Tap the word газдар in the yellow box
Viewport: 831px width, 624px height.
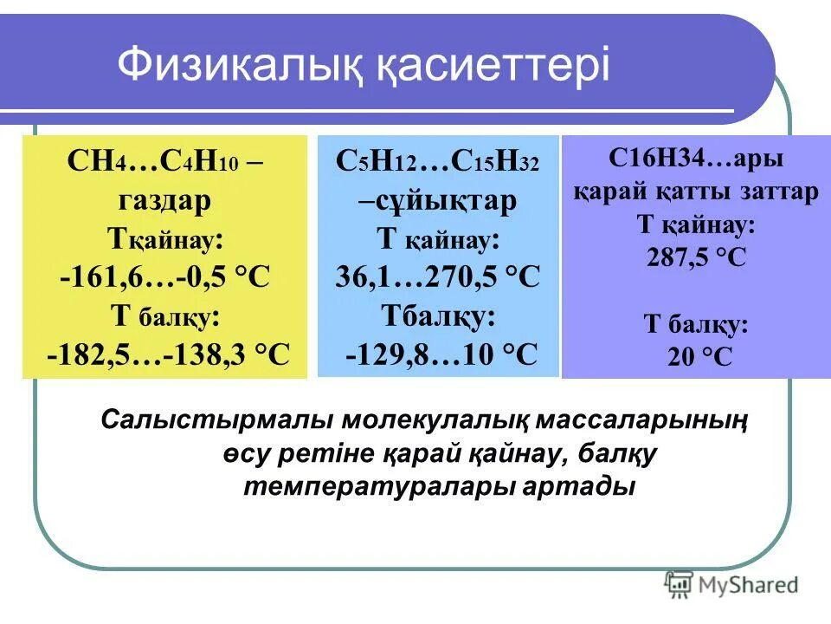coord(164,200)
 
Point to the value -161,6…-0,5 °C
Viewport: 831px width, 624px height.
coord(165,277)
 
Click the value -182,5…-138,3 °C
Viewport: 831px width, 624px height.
coord(168,354)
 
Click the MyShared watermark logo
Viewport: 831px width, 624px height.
coord(731,584)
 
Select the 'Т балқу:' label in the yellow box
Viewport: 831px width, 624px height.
coord(164,315)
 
